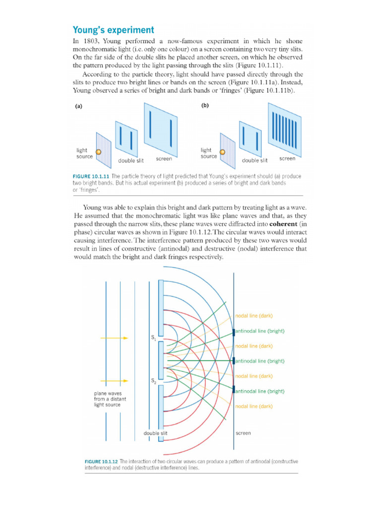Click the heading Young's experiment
114,30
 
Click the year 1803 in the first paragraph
93,41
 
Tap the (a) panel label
78,106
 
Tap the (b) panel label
205,105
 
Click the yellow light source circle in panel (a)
99,152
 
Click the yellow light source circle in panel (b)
223,152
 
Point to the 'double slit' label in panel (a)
130,161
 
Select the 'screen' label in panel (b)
287,159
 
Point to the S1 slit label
153,338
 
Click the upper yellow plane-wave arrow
114,338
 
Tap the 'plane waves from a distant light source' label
107,399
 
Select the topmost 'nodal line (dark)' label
254,316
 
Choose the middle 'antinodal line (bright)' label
260,361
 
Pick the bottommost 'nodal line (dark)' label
254,406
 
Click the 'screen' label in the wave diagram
243,433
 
